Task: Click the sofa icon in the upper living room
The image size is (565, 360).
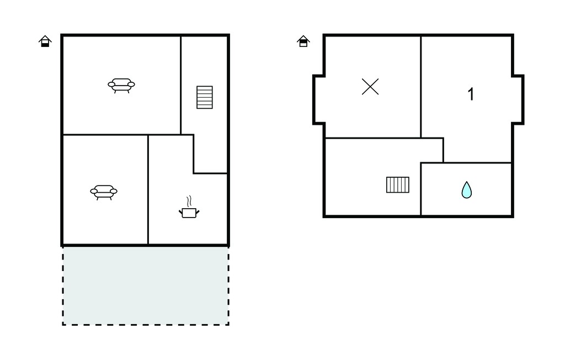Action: [x=121, y=86]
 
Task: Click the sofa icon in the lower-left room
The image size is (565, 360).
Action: [x=104, y=192]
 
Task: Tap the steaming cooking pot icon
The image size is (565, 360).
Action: [x=189, y=207]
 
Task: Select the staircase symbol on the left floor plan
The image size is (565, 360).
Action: [x=205, y=97]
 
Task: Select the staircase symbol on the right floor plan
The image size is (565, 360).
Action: [x=398, y=184]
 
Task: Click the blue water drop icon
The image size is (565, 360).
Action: [x=467, y=190]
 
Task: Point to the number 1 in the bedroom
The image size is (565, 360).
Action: [x=471, y=94]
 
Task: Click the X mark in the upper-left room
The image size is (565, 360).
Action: [x=370, y=87]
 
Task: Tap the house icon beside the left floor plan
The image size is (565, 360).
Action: [x=45, y=41]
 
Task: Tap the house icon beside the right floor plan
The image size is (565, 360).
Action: [x=303, y=41]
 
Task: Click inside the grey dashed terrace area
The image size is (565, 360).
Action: [x=146, y=285]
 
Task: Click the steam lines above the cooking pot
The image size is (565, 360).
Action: [x=189, y=200]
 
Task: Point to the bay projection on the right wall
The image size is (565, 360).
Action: [x=518, y=99]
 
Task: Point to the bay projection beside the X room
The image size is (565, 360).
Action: [x=318, y=99]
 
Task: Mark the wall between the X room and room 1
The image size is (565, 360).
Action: [x=421, y=87]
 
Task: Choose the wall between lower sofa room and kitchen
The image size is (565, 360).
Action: [x=148, y=190]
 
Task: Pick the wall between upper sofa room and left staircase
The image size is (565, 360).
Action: [x=180, y=85]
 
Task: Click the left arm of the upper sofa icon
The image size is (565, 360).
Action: [x=111, y=85]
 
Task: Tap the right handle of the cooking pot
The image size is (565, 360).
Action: [x=198, y=211]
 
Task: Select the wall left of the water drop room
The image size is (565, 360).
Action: [x=421, y=189]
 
